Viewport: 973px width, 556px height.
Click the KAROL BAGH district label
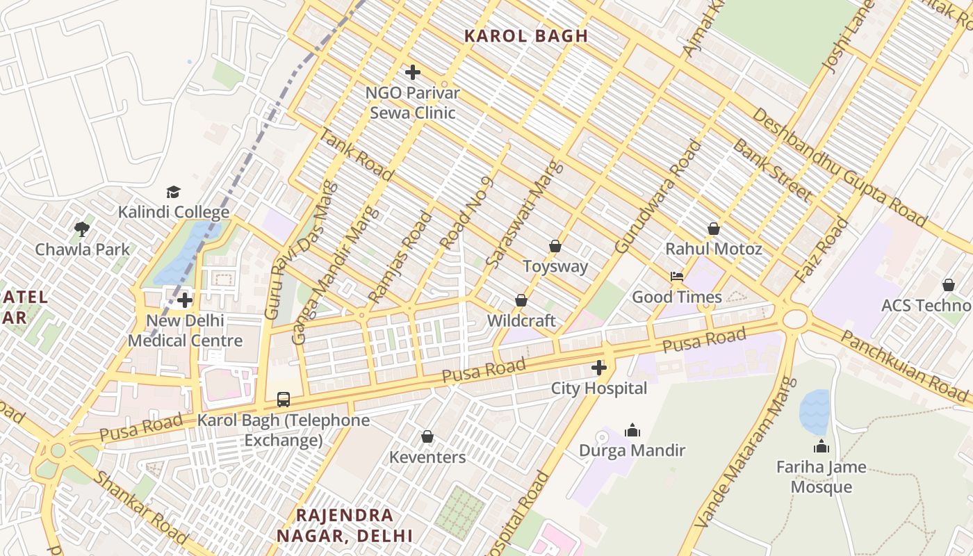click(x=525, y=36)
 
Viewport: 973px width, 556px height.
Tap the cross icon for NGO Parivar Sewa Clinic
click(x=413, y=72)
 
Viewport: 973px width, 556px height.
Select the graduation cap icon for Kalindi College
click(x=173, y=192)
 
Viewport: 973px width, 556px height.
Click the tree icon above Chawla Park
click(x=82, y=229)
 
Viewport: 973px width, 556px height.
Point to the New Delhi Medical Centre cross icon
click(x=185, y=300)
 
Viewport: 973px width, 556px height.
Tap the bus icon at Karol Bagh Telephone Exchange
click(x=284, y=399)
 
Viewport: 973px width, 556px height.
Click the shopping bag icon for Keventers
click(x=427, y=436)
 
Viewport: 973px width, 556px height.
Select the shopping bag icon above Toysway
click(x=555, y=246)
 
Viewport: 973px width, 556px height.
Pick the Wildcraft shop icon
click(x=521, y=300)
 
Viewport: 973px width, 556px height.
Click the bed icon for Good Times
click(x=677, y=277)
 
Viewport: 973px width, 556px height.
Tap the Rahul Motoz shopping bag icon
click(x=714, y=229)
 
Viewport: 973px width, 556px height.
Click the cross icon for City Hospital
click(x=599, y=368)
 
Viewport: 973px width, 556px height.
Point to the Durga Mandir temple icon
click(x=632, y=430)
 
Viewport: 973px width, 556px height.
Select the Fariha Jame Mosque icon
click(x=821, y=446)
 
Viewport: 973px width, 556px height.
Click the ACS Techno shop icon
click(x=949, y=285)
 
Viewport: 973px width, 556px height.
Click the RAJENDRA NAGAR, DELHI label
click(x=345, y=525)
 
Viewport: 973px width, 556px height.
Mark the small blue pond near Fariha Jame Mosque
click(x=815, y=411)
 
